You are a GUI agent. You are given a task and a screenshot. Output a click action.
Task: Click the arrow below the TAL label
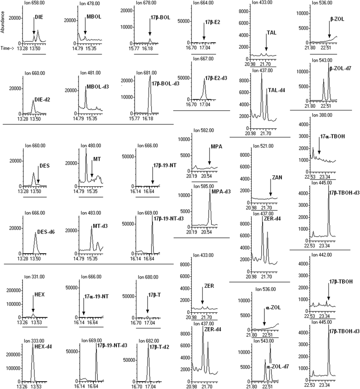pos(266,46)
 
